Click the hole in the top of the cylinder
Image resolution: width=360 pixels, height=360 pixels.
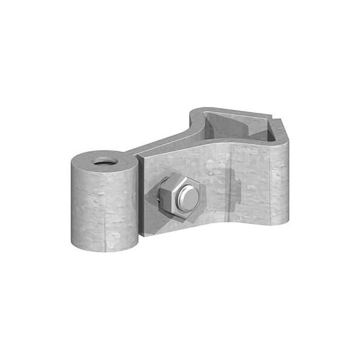[104, 161]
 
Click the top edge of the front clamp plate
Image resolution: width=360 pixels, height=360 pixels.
[198, 151]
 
